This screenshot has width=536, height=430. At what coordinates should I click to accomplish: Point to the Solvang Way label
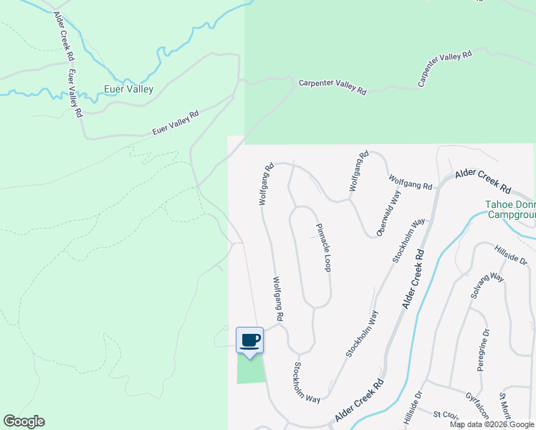pos(488,286)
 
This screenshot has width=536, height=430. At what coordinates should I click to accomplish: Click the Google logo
pos(24,421)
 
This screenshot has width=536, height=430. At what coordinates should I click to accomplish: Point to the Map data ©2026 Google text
pos(491,424)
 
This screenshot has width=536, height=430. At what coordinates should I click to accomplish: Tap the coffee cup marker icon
pos(249,340)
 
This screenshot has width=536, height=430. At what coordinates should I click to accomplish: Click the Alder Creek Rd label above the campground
pos(484,182)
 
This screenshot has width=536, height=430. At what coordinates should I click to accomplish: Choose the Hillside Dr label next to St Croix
pos(414,407)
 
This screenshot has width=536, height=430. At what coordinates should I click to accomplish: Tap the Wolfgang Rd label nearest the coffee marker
pos(277,299)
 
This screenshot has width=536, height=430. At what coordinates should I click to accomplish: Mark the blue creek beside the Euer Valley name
pos(154,72)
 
